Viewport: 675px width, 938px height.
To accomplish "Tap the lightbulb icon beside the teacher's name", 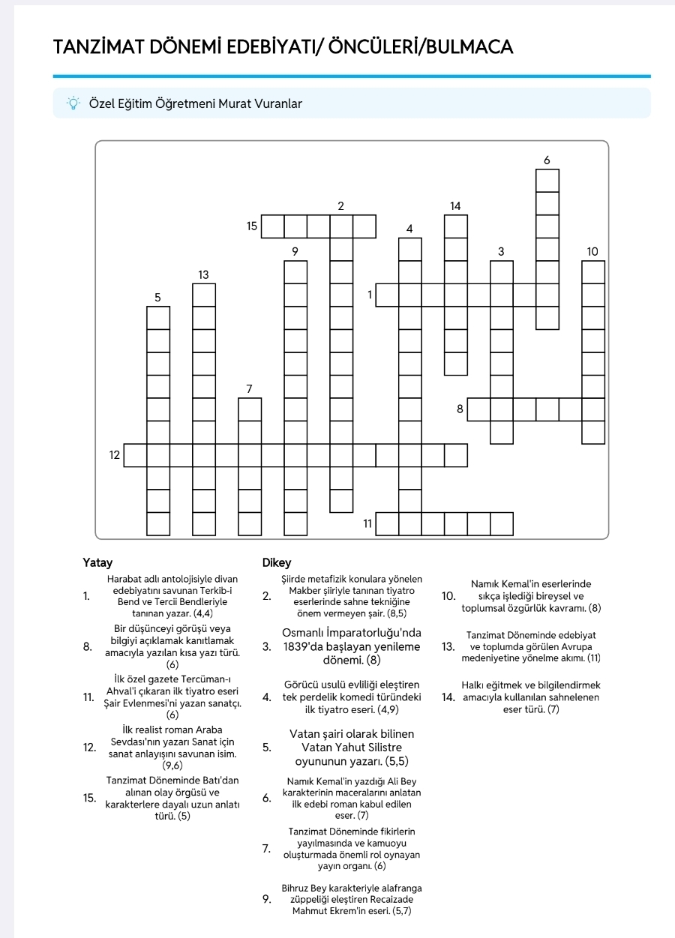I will point(73,103).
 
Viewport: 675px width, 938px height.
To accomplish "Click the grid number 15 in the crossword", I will point(252,226).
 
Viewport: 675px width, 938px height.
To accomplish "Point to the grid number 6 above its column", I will point(547,160).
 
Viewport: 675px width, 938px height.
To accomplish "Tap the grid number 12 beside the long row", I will point(115,455).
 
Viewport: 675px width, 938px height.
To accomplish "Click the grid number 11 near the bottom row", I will point(367,523).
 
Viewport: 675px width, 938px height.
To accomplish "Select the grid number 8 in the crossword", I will point(460,409).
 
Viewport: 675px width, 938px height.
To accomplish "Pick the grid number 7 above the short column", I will point(250,388).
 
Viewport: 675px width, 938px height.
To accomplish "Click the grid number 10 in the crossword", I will point(592,251).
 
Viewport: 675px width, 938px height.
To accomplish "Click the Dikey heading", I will point(277,562).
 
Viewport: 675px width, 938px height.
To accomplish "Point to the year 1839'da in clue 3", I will point(306,647).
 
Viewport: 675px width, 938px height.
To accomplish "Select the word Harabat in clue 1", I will point(125,579).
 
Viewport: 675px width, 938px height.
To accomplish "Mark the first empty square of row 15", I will point(273,226).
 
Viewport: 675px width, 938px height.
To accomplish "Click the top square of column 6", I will point(547,181).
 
